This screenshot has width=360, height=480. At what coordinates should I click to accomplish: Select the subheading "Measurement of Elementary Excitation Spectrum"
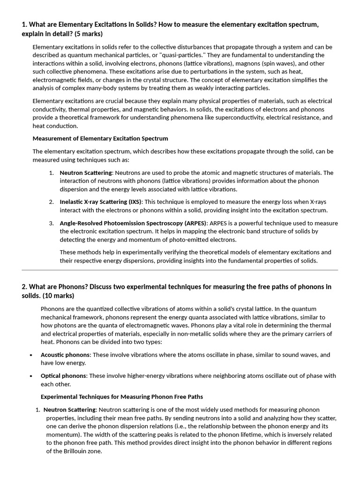(100, 138)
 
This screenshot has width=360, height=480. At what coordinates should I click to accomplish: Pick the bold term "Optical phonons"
(63, 375)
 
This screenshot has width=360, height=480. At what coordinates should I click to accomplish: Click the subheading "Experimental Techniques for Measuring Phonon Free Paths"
(122, 397)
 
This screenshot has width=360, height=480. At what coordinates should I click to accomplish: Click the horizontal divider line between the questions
(180, 270)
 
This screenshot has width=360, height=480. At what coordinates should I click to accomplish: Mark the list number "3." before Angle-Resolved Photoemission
(52, 223)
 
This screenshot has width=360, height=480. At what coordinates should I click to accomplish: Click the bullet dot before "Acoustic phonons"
(30, 355)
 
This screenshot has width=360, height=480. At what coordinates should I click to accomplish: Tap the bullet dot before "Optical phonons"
(30, 376)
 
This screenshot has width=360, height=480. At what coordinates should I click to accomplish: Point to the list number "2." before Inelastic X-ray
(52, 202)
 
